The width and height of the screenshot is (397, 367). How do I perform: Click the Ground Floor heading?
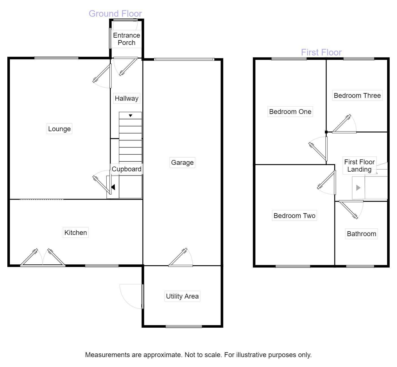click(115, 14)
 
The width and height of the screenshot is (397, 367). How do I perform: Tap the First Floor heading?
click(321, 52)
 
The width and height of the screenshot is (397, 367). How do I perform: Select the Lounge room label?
click(59, 129)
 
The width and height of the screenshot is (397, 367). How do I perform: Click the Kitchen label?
click(75, 233)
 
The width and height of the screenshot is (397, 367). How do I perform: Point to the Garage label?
click(182, 163)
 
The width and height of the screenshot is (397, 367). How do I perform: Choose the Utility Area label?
click(182, 296)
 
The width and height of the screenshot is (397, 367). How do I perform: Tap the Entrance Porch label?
click(126, 39)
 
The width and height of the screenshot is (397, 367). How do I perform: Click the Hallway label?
click(126, 98)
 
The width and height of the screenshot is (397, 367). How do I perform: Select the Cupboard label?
click(126, 169)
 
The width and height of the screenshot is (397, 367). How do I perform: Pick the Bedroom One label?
click(290, 112)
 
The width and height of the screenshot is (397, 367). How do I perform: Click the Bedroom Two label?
click(294, 216)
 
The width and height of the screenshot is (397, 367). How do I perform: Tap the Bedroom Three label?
click(357, 96)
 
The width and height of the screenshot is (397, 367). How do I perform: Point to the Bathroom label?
click(361, 234)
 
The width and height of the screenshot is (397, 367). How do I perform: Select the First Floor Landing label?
click(359, 166)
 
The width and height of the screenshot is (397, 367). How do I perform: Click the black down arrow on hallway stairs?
click(130, 116)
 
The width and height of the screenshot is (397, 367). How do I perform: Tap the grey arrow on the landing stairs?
click(358, 187)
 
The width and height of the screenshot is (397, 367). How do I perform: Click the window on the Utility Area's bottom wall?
click(184, 327)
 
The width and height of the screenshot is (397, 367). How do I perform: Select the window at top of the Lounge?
click(56, 58)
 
